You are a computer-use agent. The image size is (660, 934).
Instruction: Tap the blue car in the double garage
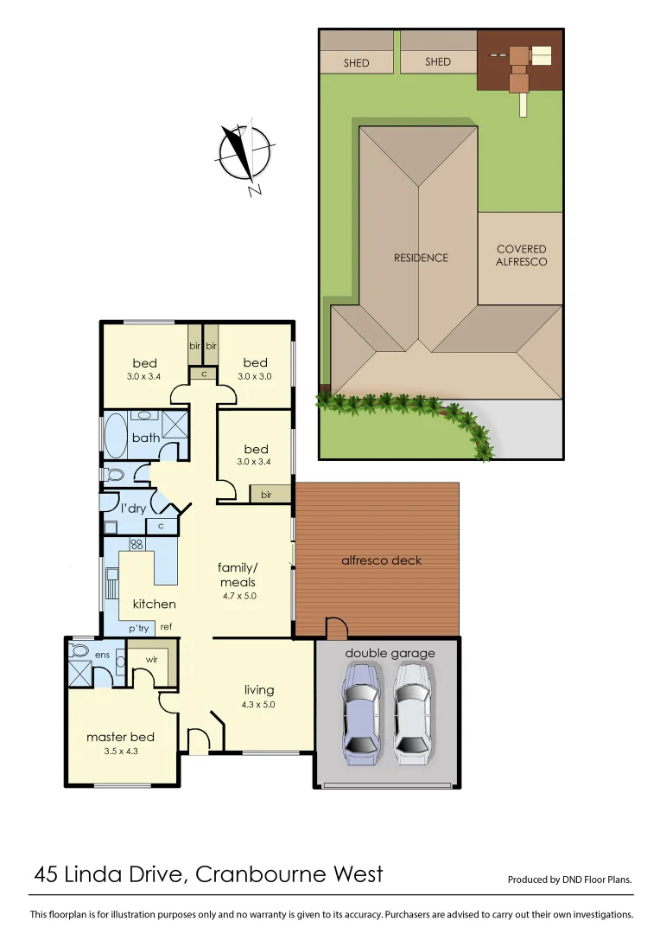[x=362, y=713]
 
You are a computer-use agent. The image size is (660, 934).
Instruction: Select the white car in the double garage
[x=412, y=713]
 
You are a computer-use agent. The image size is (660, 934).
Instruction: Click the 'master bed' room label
[x=120, y=737]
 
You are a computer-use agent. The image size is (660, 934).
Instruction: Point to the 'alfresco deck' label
[x=381, y=560]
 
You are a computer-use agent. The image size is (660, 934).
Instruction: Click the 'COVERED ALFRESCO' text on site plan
[x=522, y=255]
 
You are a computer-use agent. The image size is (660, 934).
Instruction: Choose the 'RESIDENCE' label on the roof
[x=421, y=258]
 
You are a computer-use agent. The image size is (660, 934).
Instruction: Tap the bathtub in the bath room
[x=116, y=436]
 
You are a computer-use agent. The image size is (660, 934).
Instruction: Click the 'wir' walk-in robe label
[x=150, y=659]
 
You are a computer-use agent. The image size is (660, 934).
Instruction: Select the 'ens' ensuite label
[x=103, y=655]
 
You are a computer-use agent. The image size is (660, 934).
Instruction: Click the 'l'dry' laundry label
[x=132, y=509]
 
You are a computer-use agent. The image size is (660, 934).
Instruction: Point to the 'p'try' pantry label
[x=138, y=628]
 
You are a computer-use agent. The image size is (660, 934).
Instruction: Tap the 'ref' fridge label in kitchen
[x=166, y=627]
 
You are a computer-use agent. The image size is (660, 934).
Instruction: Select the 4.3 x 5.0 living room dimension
[x=258, y=704]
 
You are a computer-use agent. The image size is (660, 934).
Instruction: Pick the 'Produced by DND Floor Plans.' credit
[x=569, y=880]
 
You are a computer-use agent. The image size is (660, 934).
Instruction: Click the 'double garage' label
[x=390, y=653]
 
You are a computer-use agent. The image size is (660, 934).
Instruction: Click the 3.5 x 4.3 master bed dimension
[x=120, y=751]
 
